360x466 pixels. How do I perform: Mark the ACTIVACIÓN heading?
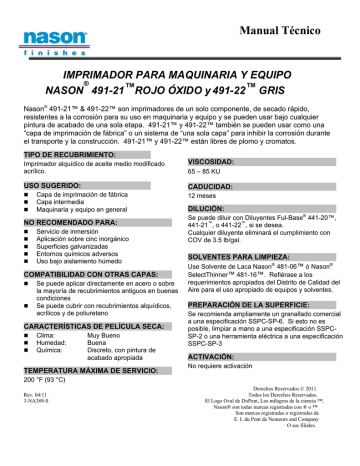coord(212,355)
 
